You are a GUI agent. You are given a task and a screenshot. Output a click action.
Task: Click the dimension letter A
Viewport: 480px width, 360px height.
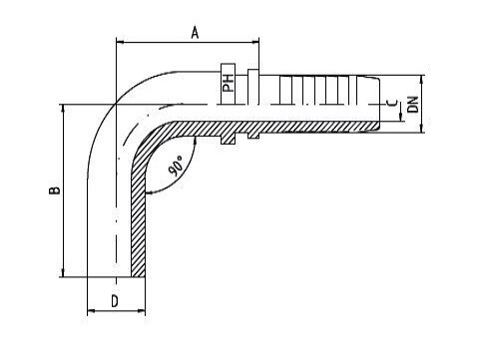click(x=196, y=33)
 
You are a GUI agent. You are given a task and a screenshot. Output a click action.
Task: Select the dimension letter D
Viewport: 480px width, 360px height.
click(x=115, y=301)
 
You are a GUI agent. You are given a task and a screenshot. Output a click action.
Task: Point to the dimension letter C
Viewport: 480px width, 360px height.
click(x=393, y=103)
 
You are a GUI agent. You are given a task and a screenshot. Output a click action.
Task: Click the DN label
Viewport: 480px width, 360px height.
click(x=412, y=105)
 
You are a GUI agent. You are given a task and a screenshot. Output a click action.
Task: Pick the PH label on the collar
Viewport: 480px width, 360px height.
click(x=229, y=83)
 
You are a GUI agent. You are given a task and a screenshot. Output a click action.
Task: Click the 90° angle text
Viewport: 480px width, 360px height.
click(x=176, y=166)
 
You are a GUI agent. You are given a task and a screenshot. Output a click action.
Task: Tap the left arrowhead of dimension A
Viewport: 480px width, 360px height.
click(x=120, y=42)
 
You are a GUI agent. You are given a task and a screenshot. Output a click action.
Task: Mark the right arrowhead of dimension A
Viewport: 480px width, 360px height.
click(x=255, y=42)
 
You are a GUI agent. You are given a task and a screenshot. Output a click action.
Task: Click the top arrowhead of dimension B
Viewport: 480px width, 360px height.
click(x=63, y=108)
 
